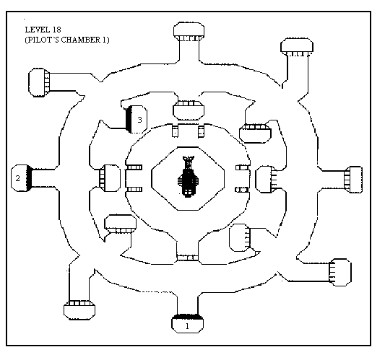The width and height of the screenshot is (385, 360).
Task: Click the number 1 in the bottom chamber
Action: click(187, 326)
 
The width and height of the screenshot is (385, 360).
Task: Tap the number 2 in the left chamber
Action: click(17, 178)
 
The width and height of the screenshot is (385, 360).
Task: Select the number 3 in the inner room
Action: click(139, 120)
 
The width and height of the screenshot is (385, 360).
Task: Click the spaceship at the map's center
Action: click(188, 177)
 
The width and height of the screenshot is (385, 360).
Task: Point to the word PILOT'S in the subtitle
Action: click(42, 40)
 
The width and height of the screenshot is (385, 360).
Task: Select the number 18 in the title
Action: click(56, 30)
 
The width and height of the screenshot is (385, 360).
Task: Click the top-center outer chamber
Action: click(189, 32)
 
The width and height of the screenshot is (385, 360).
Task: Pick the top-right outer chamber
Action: click(297, 47)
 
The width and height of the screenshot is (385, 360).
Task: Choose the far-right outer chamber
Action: click(353, 180)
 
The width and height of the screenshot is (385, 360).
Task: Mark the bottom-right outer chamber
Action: click(340, 272)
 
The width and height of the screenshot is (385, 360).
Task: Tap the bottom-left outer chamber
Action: click(79, 310)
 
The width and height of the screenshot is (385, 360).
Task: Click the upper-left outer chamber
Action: click(39, 83)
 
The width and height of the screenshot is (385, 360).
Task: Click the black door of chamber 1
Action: click(187, 317)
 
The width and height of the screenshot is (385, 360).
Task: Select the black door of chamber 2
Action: click(30, 178)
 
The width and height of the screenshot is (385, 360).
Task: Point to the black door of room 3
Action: click(129, 120)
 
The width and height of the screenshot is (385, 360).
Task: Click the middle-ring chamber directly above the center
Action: click(189, 110)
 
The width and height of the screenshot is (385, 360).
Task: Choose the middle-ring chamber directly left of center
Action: click(110, 178)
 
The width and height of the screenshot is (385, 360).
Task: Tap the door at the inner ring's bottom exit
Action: click(187, 258)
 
